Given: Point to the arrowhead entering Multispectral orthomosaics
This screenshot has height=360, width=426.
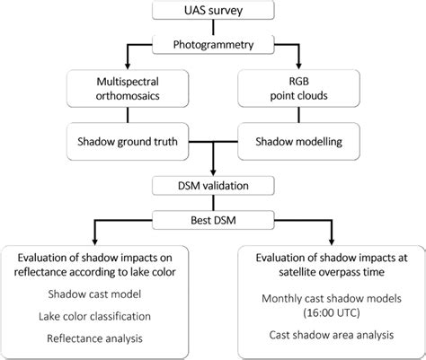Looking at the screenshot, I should click(112, 67).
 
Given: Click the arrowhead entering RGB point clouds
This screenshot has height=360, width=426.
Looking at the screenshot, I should click(314, 67).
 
